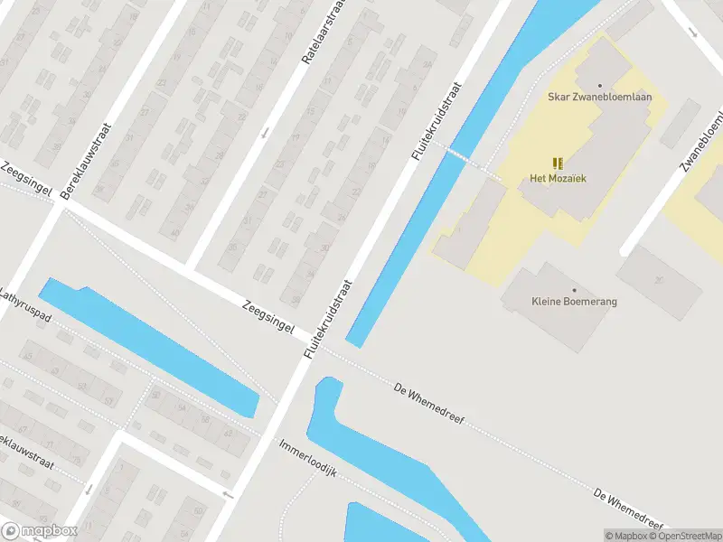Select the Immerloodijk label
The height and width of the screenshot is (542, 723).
(308, 460)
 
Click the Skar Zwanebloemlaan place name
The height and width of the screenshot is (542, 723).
(600, 97)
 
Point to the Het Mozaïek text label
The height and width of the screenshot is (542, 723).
(558, 178)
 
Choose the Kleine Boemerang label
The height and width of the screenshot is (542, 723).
(575, 301)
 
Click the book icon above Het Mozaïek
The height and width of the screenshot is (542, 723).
(558, 163)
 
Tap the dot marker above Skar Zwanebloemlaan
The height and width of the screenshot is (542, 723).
(600, 85)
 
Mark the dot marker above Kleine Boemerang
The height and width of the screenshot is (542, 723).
(575, 288)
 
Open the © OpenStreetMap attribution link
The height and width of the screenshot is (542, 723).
(687, 536)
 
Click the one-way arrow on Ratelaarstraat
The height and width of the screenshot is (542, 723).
(265, 134)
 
